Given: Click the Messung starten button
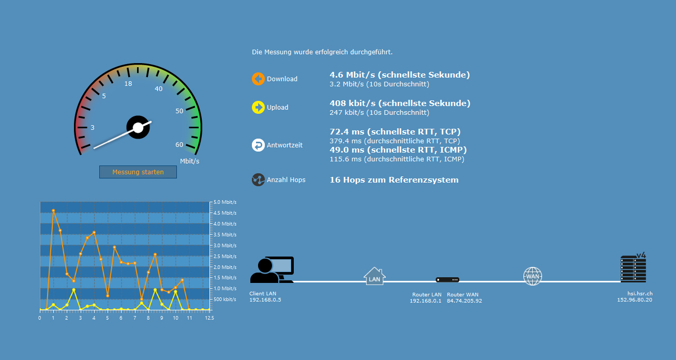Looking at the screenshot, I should coord(138,172).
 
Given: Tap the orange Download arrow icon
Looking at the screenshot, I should coord(258,79).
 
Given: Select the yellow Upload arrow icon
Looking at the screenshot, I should coord(258,108).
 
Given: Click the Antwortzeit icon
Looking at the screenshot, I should coord(258,145).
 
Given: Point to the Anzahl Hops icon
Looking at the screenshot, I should coord(258,180).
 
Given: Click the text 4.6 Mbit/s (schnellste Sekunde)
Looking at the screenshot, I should coord(399,75).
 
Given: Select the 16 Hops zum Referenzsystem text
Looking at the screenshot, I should coord(394,180).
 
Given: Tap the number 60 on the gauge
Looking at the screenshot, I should coord(179,145).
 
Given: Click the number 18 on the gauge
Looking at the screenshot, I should coord(128,84).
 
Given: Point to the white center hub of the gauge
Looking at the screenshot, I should coord(138,127).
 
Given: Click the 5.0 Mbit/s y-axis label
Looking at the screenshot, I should coord(225,202).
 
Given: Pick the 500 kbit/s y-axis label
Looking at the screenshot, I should coord(225,299).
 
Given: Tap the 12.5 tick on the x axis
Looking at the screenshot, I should coord(209,318).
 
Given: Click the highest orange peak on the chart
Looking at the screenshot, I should coord(53,211).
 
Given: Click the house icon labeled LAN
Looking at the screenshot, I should coord(374,276).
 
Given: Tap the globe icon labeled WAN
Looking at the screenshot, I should coord(532,276).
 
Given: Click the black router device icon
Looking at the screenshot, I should coord(447,280).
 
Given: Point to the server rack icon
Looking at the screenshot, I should coord(633,268).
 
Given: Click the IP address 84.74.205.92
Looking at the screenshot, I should coord(464,301).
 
